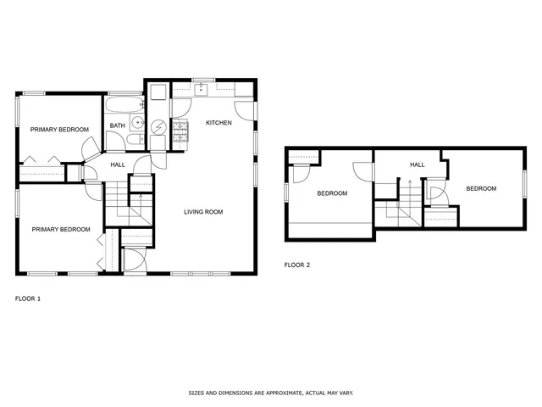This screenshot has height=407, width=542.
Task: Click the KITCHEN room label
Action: coord(218,123)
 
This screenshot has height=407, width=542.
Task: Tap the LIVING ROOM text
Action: coord(203,211)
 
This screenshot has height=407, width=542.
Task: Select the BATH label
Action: coord(117,126)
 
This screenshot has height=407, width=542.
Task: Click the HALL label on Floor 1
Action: coord(117,164)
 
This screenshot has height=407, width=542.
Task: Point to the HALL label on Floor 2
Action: coord(418,164)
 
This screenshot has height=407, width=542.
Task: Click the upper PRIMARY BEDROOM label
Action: coord(59,129)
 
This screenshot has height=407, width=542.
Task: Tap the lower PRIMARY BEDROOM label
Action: coord(61,229)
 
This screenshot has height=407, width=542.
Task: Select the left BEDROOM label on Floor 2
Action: coord(332,193)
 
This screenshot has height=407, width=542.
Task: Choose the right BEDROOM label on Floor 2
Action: coord(481,188)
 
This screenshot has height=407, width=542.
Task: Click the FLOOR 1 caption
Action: coord(28,298)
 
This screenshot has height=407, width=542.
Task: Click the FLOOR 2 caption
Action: coord(297,265)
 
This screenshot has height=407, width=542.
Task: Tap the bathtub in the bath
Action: coord(124,106)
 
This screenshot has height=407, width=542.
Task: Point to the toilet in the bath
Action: coord(137,142)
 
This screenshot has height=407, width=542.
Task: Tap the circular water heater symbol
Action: coord(160,125)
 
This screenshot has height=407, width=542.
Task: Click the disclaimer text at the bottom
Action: coord(270,393)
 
